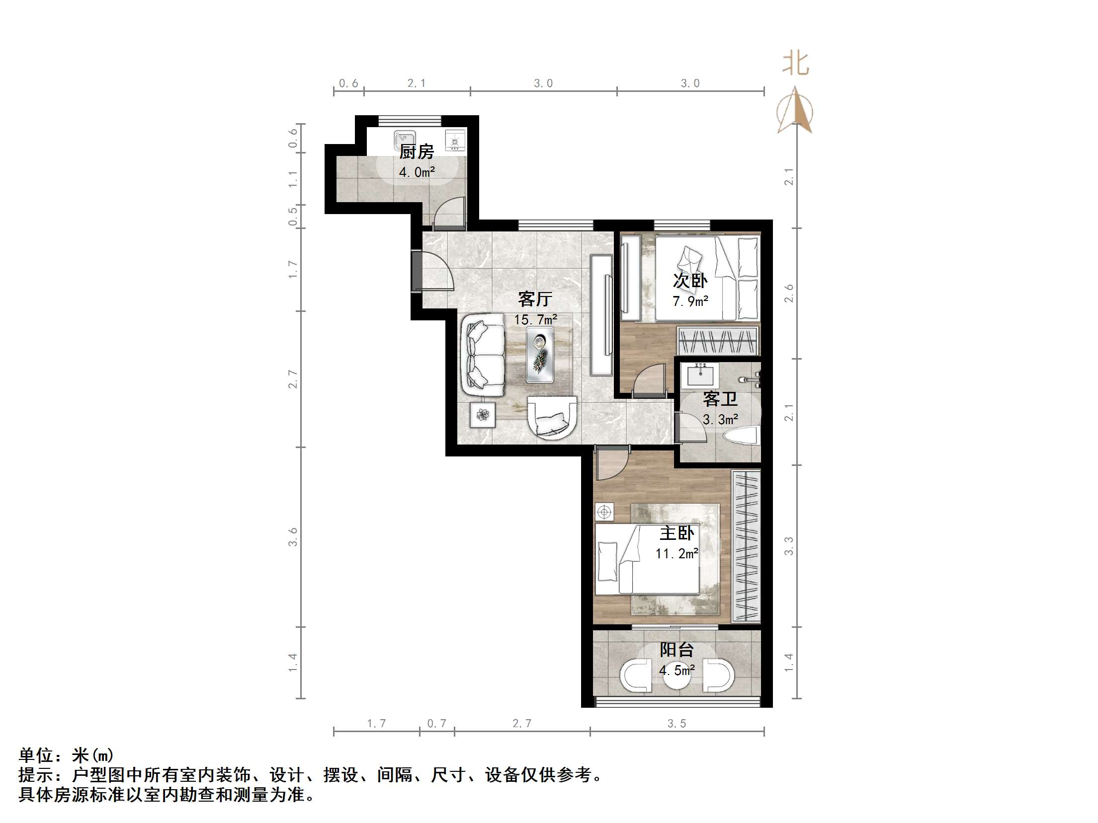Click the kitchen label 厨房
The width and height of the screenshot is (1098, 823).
(x=417, y=151)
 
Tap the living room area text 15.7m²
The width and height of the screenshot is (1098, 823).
(x=535, y=319)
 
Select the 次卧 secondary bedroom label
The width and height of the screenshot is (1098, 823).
(x=690, y=281)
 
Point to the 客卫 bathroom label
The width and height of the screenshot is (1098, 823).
(x=720, y=399)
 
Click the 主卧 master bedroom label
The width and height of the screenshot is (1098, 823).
(x=676, y=533)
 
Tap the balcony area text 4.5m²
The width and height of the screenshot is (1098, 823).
(x=676, y=671)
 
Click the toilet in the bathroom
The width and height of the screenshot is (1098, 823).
(x=741, y=438)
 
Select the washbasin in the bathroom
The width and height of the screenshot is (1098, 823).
(x=702, y=376)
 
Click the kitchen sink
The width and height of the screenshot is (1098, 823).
(x=404, y=140)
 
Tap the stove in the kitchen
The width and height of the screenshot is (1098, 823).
(x=455, y=140)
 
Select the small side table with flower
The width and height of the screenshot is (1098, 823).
(x=483, y=414)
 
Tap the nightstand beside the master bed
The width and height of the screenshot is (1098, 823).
(x=604, y=512)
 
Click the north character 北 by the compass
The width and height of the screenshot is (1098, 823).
(x=795, y=65)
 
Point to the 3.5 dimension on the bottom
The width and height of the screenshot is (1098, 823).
(x=676, y=724)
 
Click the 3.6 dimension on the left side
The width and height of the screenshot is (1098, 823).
(x=293, y=537)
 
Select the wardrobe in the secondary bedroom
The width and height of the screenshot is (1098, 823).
(x=718, y=341)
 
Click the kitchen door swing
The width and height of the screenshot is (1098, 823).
(x=450, y=213)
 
